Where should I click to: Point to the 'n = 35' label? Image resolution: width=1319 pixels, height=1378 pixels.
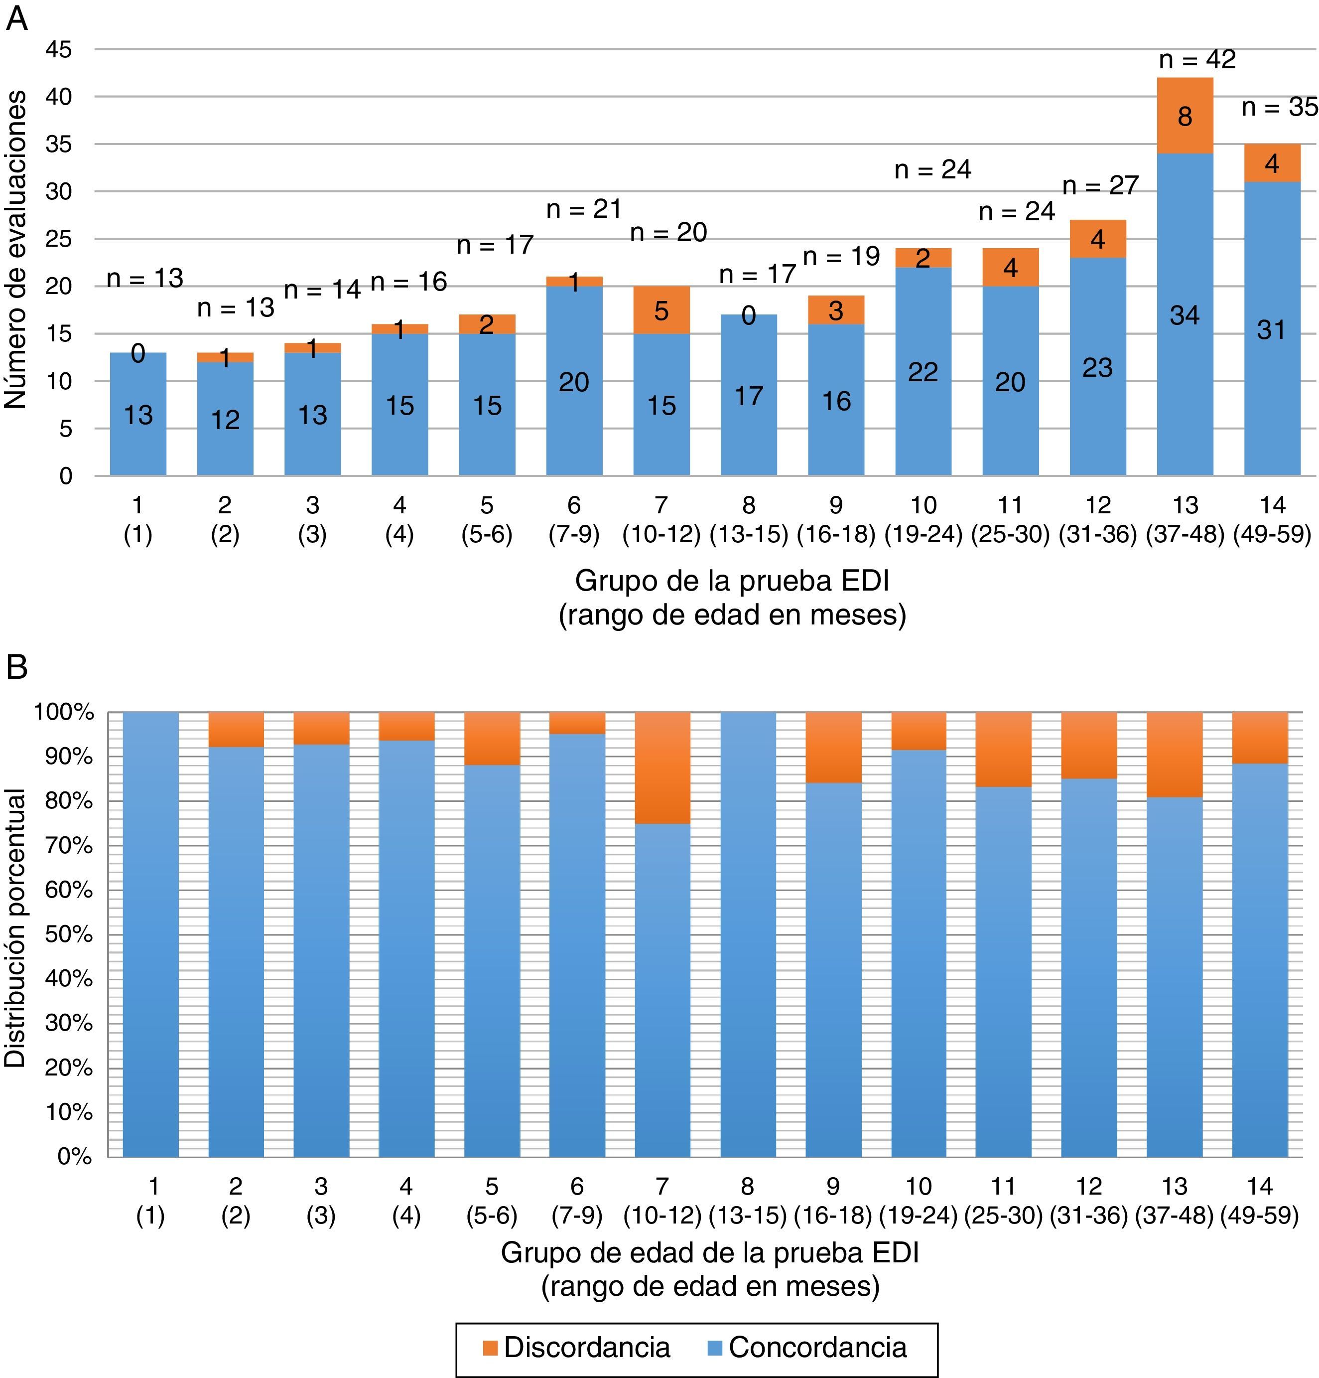click(x=1280, y=108)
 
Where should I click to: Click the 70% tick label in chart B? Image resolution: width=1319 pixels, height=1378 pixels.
click(x=69, y=846)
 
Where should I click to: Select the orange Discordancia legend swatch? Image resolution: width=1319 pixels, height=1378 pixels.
click(x=490, y=1348)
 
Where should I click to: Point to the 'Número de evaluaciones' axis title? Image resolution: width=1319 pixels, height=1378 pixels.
click(x=15, y=250)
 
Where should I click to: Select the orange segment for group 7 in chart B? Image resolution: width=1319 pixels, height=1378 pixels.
click(x=662, y=767)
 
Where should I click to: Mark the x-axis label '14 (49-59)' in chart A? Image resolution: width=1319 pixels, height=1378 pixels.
click(x=1272, y=520)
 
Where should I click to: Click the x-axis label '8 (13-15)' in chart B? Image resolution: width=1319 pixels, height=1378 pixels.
click(x=747, y=1202)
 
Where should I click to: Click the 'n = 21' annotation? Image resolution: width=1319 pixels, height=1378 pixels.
click(x=584, y=209)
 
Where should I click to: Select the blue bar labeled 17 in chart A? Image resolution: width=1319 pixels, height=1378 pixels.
click(x=748, y=395)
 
